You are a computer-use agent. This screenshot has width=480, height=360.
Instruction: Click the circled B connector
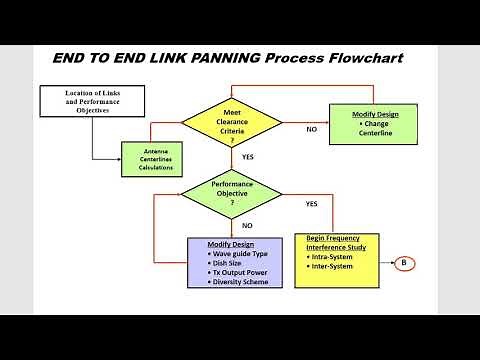403,264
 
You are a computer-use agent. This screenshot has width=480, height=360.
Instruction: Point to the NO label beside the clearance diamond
311,129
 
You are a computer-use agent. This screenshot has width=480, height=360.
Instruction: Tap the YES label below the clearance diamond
247,157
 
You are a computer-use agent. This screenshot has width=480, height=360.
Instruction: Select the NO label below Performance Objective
247,225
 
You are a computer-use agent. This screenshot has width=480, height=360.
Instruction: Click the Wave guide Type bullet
240,254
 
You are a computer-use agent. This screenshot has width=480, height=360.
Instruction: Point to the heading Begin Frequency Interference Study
336,242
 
